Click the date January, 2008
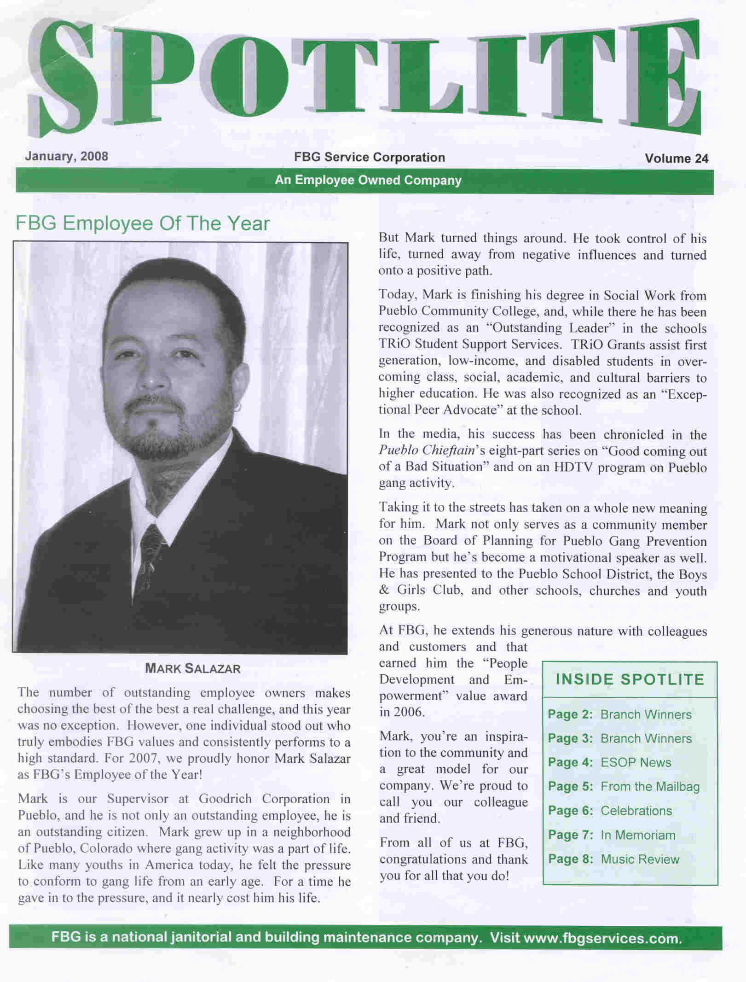coord(66,156)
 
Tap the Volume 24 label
coord(676,158)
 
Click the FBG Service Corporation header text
coord(370,157)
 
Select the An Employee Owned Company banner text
coord(368,180)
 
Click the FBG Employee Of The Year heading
coord(143,223)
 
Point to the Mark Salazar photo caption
coord(192,668)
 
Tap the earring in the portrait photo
coord(238,406)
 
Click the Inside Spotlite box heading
coord(630,679)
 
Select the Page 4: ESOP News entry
coord(609,762)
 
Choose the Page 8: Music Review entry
coord(613,859)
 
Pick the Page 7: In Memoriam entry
coord(612,835)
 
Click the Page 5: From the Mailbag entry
coord(624,786)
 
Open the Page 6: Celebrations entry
coord(610,811)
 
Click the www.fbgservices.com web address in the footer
coord(602,938)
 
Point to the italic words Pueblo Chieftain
coord(426,450)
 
